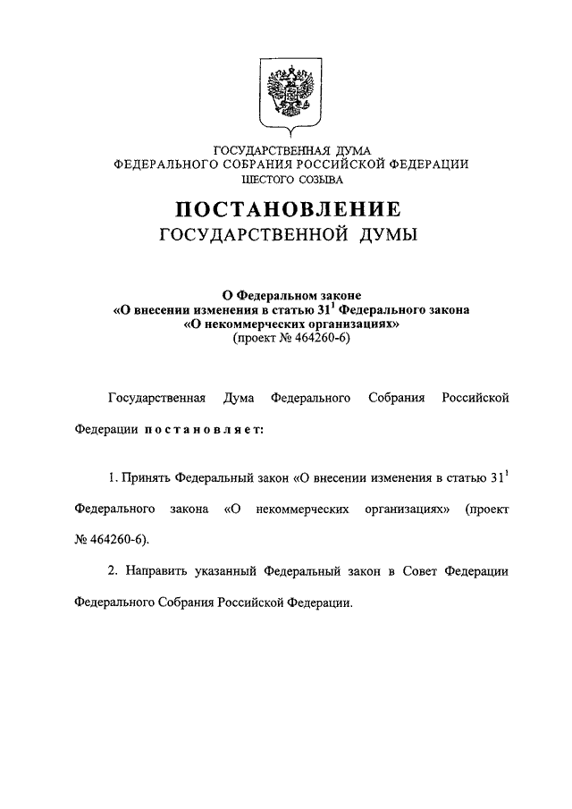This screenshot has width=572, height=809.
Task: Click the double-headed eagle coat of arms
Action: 286,92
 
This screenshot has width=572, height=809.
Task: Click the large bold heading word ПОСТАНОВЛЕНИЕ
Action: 286,210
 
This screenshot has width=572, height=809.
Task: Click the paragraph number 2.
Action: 113,570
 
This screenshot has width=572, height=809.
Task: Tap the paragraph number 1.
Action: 113,477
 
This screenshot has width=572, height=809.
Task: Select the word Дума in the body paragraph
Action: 239,397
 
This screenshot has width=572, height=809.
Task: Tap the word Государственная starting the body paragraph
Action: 157,397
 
